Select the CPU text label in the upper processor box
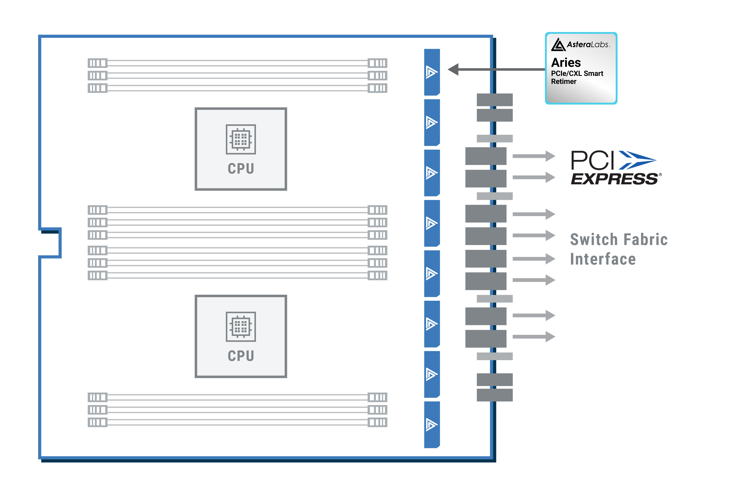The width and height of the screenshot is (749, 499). [241, 169]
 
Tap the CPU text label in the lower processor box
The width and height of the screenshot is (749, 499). [241, 356]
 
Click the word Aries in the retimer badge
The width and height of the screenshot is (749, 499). [566, 63]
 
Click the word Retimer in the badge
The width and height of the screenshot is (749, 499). [564, 81]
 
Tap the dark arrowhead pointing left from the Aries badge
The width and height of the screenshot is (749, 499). [453, 69]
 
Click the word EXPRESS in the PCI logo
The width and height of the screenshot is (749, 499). [614, 179]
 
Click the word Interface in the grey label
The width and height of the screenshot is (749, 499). [603, 259]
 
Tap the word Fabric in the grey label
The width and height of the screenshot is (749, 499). [645, 240]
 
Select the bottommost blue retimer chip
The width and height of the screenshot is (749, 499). [432, 425]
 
